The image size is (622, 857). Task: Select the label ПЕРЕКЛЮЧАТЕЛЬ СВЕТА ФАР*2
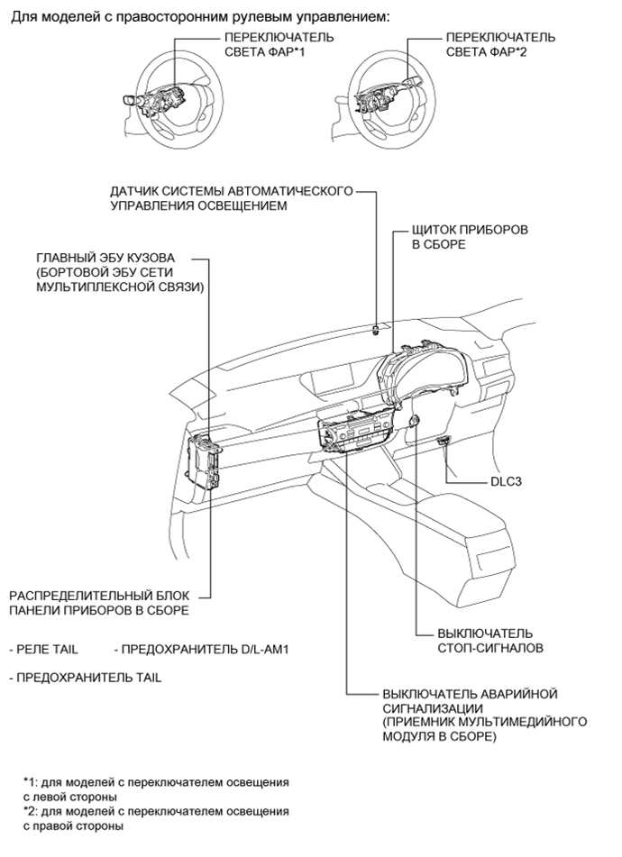point(500,45)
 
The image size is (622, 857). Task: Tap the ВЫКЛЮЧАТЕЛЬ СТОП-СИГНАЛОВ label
point(484,640)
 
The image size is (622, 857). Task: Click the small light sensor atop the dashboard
point(374,329)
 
